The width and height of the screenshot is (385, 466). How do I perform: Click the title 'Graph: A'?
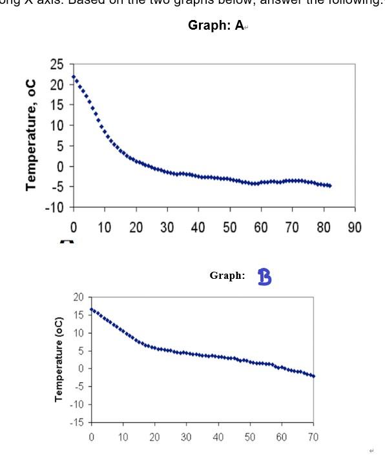point(216,26)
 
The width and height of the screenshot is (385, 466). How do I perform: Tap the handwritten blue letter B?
point(264,277)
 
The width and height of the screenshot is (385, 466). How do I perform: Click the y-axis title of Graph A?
point(30,134)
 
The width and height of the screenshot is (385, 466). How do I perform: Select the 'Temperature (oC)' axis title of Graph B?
point(59,359)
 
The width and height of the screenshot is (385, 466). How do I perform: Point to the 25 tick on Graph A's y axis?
point(57,64)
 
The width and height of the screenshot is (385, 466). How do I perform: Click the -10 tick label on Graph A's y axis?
point(54,207)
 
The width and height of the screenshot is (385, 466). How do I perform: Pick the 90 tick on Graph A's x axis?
point(355,227)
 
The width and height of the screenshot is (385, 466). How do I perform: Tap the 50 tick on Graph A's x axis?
point(229,227)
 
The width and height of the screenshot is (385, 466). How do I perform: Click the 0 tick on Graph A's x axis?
point(73,227)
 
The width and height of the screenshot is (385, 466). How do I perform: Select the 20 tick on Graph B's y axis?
point(79,298)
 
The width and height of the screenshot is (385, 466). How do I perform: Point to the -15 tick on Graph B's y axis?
point(77,422)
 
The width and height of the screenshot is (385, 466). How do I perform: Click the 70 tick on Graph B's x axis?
point(313,437)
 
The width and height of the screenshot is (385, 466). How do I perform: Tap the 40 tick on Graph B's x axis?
point(218,437)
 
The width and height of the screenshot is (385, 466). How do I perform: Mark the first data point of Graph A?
point(74,77)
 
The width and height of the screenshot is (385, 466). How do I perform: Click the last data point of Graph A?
point(329,186)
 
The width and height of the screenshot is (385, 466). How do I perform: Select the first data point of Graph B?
point(91,309)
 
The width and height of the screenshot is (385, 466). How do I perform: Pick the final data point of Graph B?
point(313,376)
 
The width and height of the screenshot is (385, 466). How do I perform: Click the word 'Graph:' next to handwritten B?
point(227,276)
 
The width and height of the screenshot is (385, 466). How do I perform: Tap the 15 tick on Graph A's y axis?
point(57,105)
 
